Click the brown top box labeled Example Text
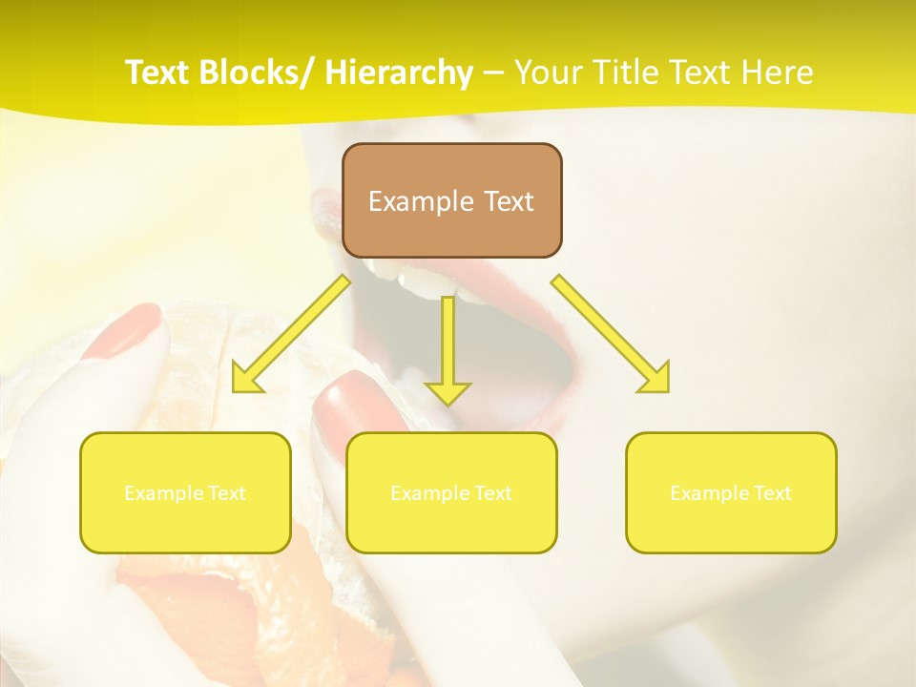pos(451,201)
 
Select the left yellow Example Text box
pos(185,492)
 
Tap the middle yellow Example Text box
pos(451,492)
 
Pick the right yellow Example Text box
pos(731,492)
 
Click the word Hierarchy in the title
pos(398,73)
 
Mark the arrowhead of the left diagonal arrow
pos(245,380)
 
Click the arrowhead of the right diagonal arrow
pos(656,379)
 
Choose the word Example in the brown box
pos(421,201)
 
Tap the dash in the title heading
pos(493,73)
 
